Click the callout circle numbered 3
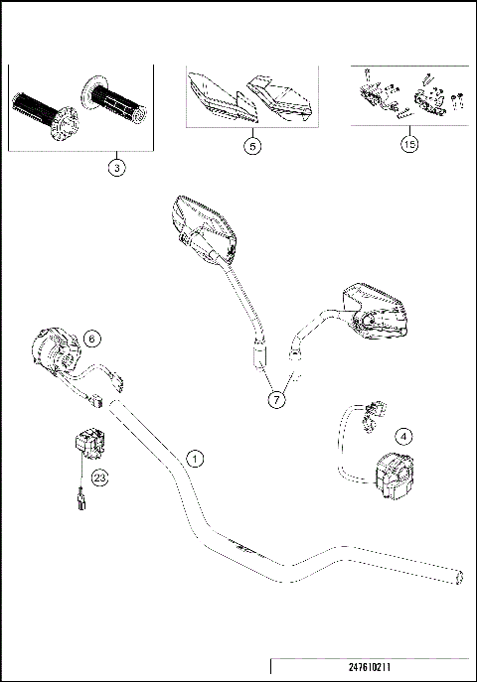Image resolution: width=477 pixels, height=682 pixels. coord(117,168)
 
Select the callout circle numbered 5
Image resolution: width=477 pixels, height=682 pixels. coord(253,145)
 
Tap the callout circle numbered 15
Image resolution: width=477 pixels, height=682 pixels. coord(407,145)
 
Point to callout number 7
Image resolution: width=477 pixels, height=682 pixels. coord(274,399)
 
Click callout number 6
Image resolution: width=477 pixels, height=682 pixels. coord(91,339)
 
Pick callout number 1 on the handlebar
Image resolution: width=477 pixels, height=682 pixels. coord(196,459)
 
